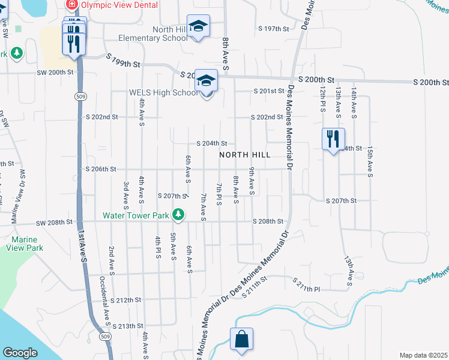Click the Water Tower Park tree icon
tap(178, 214)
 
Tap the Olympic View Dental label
tap(119, 5)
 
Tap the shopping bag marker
tap(241, 339)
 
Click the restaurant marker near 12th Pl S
tap(332, 139)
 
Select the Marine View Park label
tap(25, 243)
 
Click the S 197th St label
tap(274, 28)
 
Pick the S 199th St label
tap(123, 59)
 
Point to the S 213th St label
tap(125, 326)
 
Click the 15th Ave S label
tap(370, 161)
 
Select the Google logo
tap(20, 353)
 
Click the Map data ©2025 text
tap(423, 355)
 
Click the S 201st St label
tap(267, 91)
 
